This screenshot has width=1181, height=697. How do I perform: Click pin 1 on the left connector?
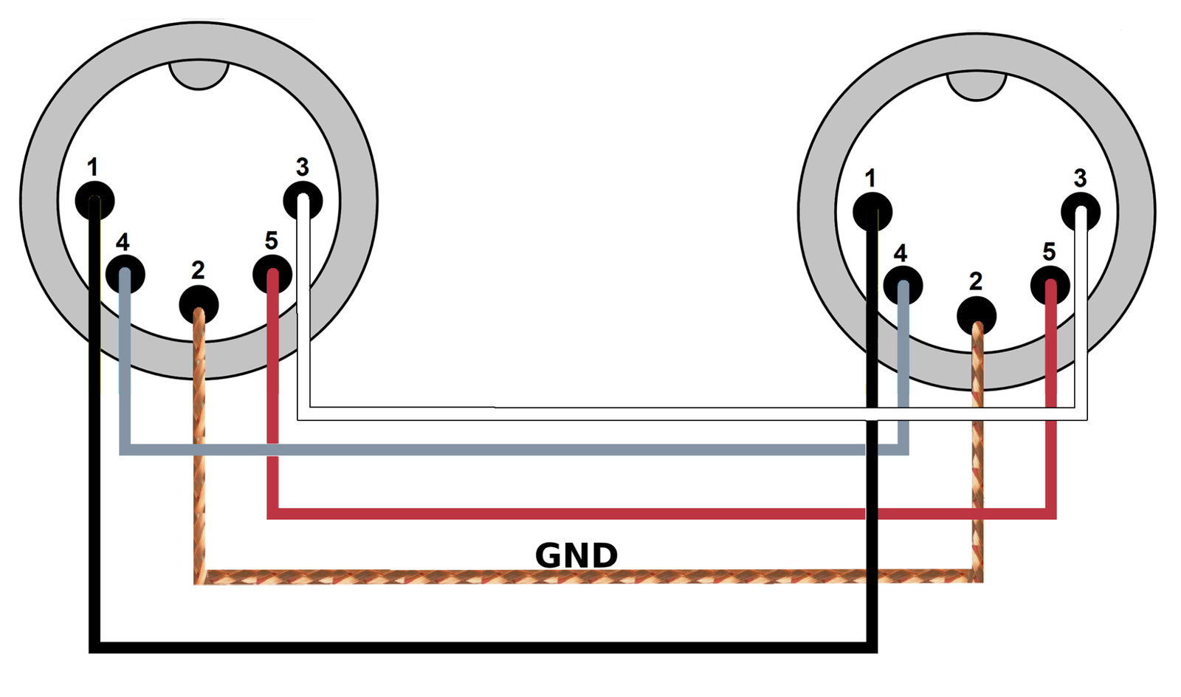[95, 200]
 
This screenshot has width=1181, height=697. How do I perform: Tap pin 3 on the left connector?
[303, 200]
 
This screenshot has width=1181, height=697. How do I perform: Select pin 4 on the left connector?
[125, 274]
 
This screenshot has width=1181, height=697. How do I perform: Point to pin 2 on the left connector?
[199, 303]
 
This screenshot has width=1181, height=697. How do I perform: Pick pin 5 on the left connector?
[272, 274]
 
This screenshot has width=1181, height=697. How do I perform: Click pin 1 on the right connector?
[872, 211]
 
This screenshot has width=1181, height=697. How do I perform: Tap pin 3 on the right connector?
[1081, 211]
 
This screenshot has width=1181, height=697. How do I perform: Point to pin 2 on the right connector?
[977, 316]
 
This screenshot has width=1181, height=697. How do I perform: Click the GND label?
[576, 555]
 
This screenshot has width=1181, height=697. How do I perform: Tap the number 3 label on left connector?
[302, 167]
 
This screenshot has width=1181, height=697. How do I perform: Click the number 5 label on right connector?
[1049, 252]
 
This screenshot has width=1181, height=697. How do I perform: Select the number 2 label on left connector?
[198, 270]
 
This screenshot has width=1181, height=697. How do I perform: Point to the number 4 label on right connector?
[901, 253]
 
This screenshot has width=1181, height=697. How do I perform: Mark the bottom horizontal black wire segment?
[480, 647]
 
